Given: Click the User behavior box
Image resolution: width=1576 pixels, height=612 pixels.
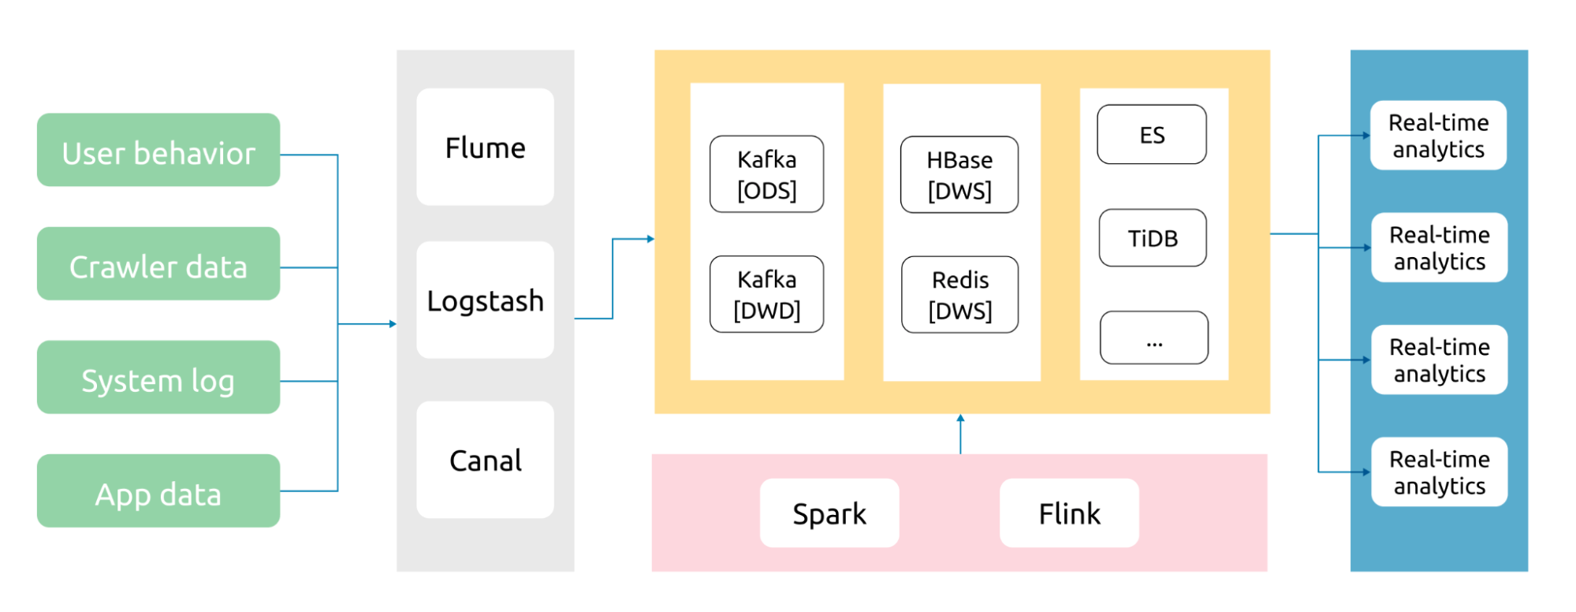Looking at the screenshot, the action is pyautogui.click(x=158, y=150).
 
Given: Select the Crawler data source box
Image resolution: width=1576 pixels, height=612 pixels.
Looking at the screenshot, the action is pyautogui.click(x=158, y=263).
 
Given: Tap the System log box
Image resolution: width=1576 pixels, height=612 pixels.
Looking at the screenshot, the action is pyautogui.click(x=158, y=377).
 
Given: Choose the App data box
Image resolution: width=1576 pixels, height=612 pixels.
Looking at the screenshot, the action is pyautogui.click(x=158, y=491).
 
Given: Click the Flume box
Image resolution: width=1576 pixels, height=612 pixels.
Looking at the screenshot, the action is pyautogui.click(x=485, y=147).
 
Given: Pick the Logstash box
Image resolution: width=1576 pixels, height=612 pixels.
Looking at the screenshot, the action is pyautogui.click(x=485, y=300).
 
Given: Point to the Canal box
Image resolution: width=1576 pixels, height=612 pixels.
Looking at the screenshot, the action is pyautogui.click(x=485, y=460).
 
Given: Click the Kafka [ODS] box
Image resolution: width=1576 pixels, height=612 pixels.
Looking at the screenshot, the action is pyautogui.click(x=766, y=174).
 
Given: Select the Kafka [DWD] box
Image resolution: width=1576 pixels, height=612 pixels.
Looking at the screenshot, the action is pyautogui.click(x=766, y=294).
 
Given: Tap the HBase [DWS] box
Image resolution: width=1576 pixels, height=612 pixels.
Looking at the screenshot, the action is pyautogui.click(x=959, y=174).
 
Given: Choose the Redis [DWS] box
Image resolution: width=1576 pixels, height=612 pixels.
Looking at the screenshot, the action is pyautogui.click(x=959, y=294).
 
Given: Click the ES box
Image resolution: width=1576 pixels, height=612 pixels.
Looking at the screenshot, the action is pyautogui.click(x=1152, y=134).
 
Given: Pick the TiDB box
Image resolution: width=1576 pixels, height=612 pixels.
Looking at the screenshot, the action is pyautogui.click(x=1153, y=237).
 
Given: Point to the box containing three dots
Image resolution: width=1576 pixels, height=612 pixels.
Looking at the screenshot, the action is pyautogui.click(x=1154, y=338).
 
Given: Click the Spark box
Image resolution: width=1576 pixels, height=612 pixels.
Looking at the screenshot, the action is pyautogui.click(x=829, y=513).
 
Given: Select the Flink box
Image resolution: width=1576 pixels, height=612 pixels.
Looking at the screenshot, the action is pyautogui.click(x=1069, y=513).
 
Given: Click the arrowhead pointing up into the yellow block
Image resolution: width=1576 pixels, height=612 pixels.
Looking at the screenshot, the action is pyautogui.click(x=960, y=418).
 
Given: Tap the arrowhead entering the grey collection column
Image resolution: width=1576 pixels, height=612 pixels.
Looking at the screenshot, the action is pyautogui.click(x=393, y=324).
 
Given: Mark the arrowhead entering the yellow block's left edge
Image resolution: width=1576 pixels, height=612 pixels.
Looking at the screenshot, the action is pyautogui.click(x=650, y=239).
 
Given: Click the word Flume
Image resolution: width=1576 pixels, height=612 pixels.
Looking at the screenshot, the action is pyautogui.click(x=485, y=147).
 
